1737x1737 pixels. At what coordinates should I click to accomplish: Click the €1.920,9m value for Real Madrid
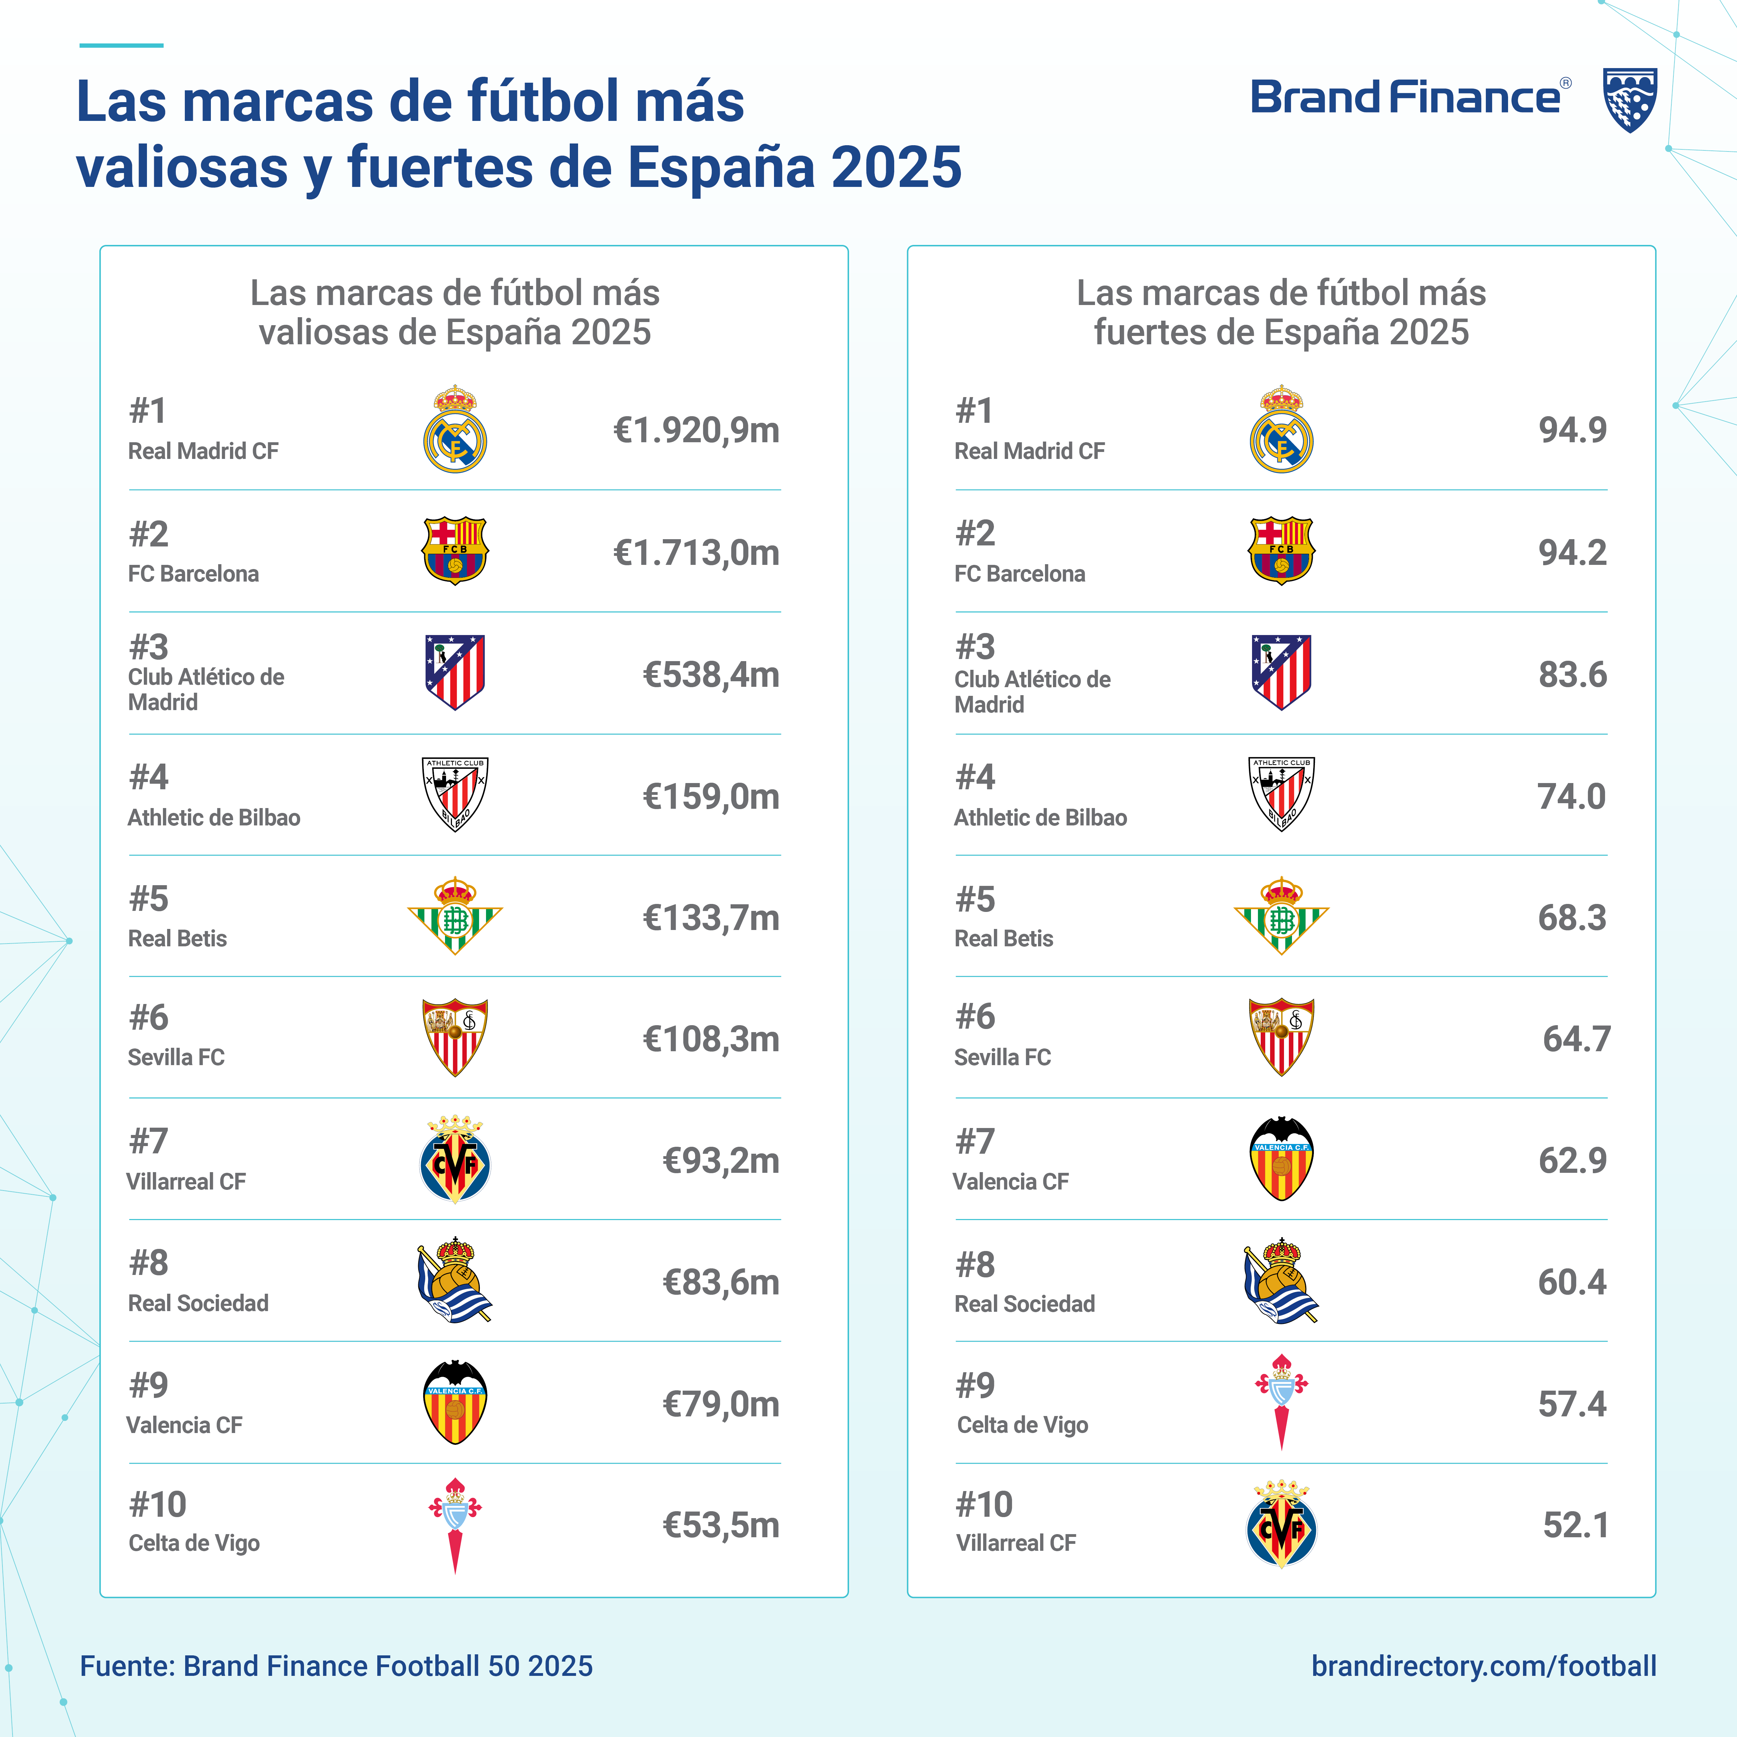(696, 431)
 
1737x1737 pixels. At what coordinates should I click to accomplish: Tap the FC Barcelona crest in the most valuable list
(455, 550)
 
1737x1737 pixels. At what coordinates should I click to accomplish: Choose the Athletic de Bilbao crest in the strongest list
(1281, 794)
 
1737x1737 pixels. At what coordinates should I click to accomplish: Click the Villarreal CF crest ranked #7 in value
(455, 1160)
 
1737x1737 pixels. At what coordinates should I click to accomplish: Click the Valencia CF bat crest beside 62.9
(1281, 1160)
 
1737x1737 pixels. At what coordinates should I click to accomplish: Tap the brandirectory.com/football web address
(1483, 1666)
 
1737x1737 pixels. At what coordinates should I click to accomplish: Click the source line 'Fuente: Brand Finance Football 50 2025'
(336, 1666)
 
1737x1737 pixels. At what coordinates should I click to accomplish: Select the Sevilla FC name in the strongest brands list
(1003, 1057)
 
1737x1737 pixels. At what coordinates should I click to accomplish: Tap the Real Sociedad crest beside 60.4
(1281, 1281)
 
